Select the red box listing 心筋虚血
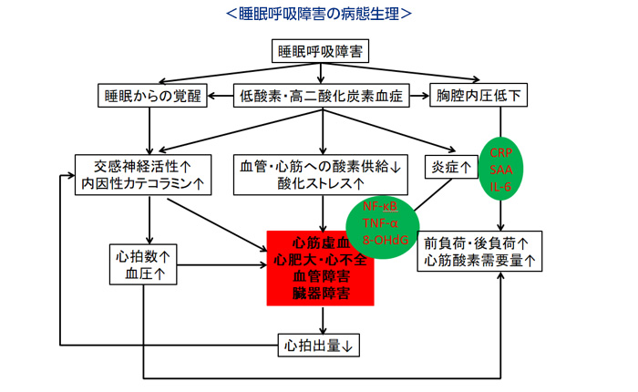(322, 268)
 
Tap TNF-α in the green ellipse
(382, 223)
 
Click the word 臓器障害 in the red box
(322, 294)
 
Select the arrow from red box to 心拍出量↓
(322, 319)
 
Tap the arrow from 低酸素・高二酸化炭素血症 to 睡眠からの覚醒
(218, 94)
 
